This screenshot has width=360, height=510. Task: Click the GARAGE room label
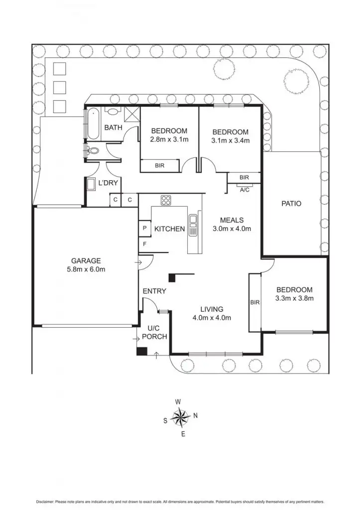[86, 260]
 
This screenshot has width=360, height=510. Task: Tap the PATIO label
[291, 203]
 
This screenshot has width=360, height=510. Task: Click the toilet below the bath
[93, 150]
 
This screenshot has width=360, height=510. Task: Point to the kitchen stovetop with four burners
[166, 201]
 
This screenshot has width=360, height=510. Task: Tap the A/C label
[244, 190]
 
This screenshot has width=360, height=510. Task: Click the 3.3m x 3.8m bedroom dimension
[294, 298]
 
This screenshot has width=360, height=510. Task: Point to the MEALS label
[232, 220]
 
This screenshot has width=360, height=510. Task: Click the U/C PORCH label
[154, 332]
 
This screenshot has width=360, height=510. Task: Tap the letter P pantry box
[144, 228]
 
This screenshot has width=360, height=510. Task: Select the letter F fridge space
[144, 244]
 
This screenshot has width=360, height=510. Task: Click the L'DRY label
[108, 183]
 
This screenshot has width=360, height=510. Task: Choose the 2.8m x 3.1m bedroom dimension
[169, 139]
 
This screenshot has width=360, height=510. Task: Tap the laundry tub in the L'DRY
[92, 185]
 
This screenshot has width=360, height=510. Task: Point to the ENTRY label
[154, 291]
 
